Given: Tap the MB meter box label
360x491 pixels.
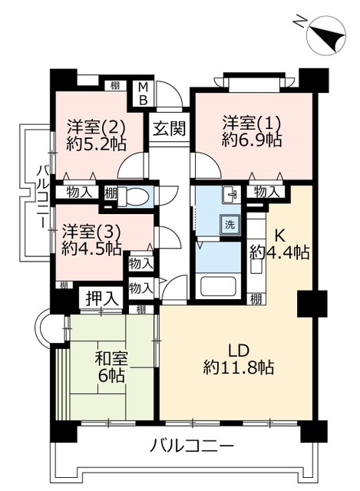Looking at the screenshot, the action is [144, 93].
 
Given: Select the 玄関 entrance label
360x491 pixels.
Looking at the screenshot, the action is [170, 128].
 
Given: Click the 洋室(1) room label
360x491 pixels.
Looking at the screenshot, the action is [251, 124].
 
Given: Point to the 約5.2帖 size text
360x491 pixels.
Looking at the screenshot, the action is [96, 144].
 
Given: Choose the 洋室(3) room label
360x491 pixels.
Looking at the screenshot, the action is [91, 232].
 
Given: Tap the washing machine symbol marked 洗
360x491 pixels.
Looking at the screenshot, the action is [230, 225].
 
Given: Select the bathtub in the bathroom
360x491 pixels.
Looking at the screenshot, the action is [218, 286].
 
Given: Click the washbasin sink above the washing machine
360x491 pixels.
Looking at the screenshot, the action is [231, 195].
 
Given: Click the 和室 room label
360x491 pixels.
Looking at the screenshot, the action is [111, 358].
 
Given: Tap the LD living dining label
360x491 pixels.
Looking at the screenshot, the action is [239, 351].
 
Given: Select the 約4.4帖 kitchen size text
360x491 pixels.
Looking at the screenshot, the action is [280, 252].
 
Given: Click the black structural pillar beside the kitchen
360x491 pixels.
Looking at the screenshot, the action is [312, 304].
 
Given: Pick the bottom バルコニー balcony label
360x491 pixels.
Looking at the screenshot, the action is [192, 445].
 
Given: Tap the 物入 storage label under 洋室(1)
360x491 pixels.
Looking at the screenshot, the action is [266, 192].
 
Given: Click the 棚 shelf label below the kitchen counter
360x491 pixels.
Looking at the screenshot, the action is [256, 300].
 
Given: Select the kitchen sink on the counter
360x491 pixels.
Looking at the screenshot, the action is [256, 265].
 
